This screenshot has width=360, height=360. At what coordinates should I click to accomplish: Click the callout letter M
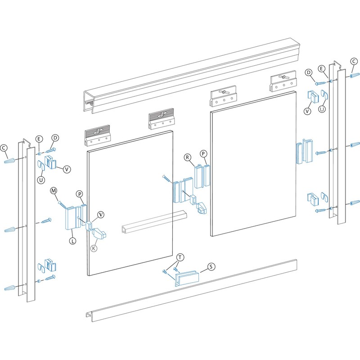(x=53, y=191)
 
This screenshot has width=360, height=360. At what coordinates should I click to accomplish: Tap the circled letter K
(x=94, y=248)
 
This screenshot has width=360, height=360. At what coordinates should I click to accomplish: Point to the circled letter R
(x=187, y=157)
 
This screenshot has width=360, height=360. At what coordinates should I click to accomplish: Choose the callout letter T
(x=180, y=257)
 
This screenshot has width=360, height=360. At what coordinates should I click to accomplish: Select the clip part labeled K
(x=99, y=233)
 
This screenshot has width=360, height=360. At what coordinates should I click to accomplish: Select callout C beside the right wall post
(x=354, y=62)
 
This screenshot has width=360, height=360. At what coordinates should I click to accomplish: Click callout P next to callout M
(x=79, y=194)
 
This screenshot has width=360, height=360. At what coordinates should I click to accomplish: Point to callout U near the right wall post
(x=322, y=109)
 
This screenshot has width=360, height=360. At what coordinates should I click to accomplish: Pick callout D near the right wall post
(x=309, y=72)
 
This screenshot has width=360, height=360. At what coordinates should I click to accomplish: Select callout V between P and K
(x=100, y=214)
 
